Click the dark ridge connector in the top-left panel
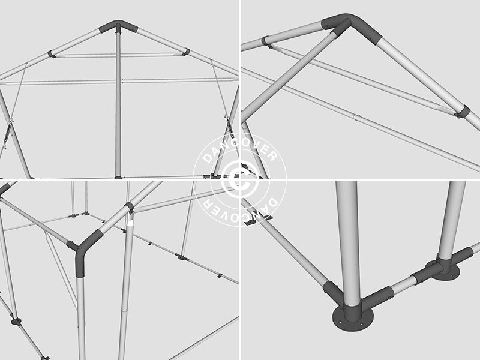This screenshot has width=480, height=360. click(x=118, y=26)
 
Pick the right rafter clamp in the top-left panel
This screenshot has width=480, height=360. click(x=187, y=52)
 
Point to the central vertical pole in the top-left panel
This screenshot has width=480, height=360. click(x=118, y=102)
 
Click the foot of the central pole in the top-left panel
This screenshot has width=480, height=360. click(x=118, y=177)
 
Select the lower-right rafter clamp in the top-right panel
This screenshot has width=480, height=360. click(x=462, y=112)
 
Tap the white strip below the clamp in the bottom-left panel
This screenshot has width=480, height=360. click(x=130, y=224)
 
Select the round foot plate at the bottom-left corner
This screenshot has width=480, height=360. click(x=16, y=322)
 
